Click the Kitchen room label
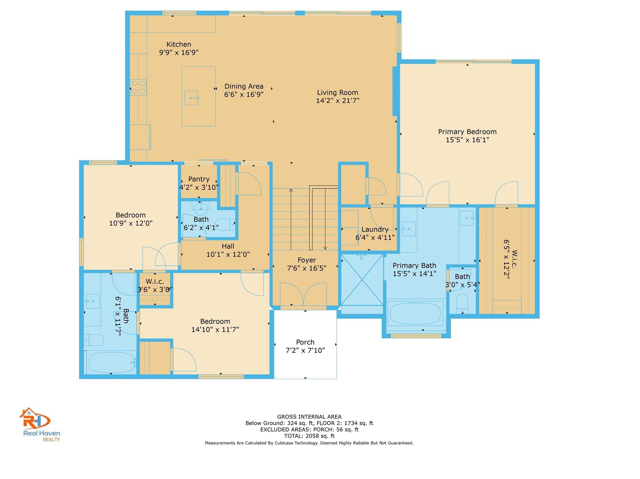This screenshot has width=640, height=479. (179, 45)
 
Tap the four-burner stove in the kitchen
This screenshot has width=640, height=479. (138, 87)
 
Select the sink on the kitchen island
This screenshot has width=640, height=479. (191, 98)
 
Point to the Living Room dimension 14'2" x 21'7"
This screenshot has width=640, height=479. (337, 101)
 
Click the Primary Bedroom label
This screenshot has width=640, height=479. (467, 132)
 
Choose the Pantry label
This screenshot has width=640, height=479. (199, 179)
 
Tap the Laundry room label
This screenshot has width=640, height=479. (375, 230)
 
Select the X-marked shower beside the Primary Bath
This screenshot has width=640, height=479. (362, 280)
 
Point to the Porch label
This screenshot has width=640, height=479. (305, 342)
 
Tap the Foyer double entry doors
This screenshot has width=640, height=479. (303, 295)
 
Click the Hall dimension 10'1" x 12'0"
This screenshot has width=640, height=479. (228, 254)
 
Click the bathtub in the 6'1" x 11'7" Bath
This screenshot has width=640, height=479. (111, 363)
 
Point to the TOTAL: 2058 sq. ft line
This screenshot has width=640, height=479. (309, 436)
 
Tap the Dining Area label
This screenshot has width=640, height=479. (244, 86)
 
